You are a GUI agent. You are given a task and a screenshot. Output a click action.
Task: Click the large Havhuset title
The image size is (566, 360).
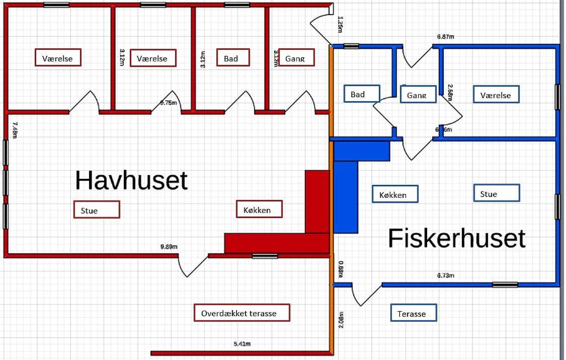coord(131,180)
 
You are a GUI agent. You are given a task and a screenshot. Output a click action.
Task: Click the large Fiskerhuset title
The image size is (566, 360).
coord(456,238)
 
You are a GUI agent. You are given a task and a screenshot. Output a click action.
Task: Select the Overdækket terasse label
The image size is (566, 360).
coord(242,313)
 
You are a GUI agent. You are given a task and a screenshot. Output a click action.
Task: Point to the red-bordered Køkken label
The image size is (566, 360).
coord(260,209)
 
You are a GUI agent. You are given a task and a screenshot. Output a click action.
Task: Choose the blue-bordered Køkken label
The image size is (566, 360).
coord(396,194)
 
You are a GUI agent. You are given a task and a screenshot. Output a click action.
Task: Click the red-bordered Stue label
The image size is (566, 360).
coord(97,209)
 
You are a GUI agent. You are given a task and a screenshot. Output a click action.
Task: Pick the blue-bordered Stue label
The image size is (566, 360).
coord(497,193)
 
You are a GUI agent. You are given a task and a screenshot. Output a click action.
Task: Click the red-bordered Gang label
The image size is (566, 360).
coord(296,58)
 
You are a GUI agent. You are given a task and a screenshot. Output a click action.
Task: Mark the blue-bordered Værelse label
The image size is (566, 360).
coord(496,94)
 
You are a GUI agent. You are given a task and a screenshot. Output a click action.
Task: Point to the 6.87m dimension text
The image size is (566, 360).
coord(446,37)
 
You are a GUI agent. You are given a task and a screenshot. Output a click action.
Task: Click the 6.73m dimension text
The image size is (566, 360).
coord(445,275)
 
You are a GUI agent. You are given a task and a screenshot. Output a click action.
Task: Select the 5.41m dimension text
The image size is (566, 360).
coord(242,344)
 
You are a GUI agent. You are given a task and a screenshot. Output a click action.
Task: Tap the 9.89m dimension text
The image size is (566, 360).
coord(169,246)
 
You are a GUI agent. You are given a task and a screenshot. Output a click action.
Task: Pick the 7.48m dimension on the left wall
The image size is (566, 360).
coord(15,130)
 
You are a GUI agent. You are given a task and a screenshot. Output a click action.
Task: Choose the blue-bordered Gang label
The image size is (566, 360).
coord(418,94)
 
